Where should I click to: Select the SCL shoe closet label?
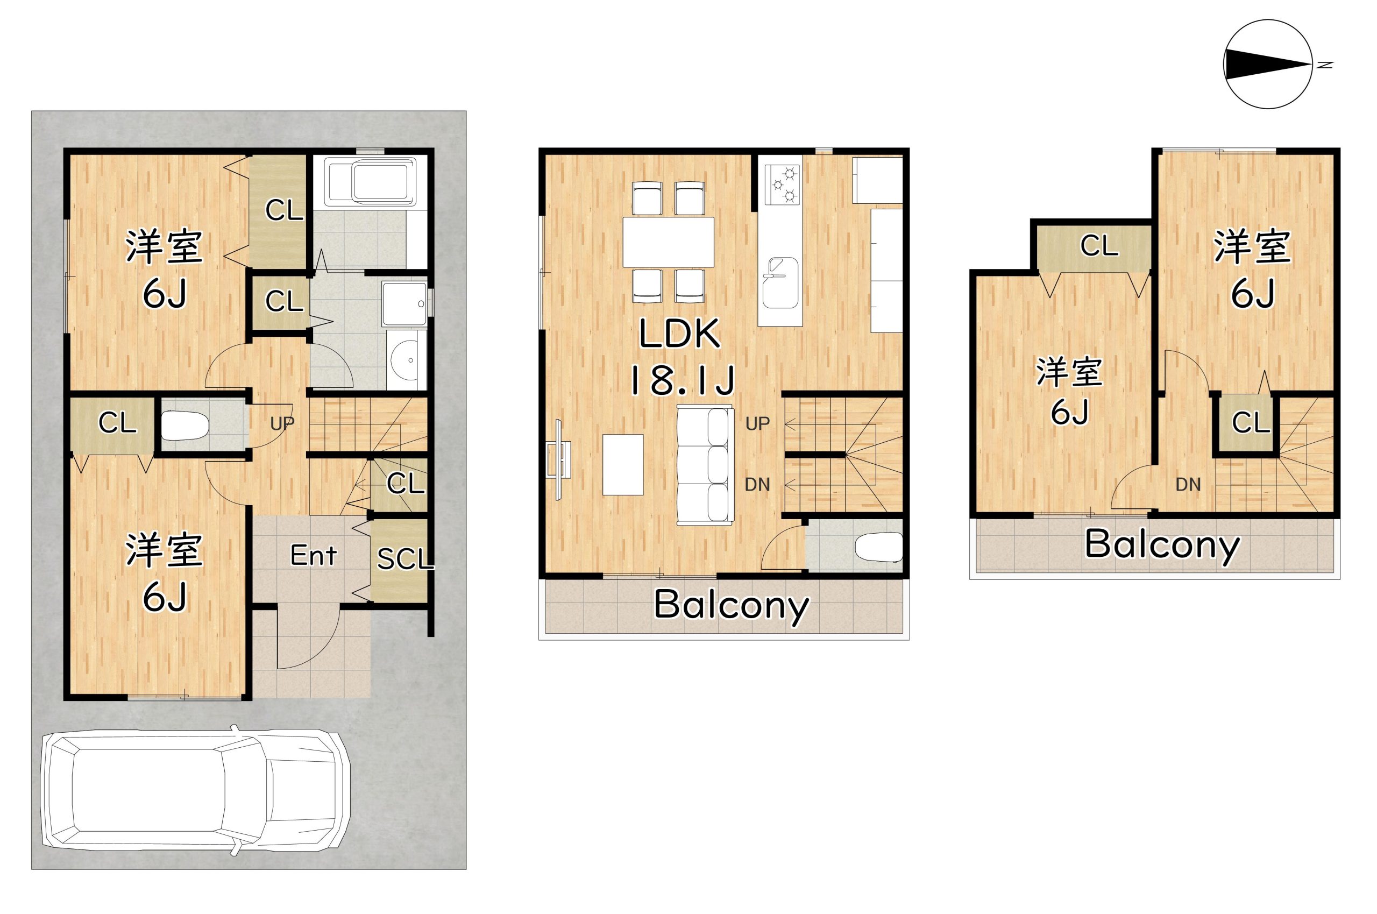[405, 559]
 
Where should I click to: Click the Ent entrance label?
[314, 556]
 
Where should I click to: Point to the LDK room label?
[679, 335]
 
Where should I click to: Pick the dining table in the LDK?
[669, 242]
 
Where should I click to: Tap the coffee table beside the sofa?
[623, 464]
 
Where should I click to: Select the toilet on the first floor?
[184, 426]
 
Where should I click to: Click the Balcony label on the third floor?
[1161, 545]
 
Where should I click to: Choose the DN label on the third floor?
[1188, 484]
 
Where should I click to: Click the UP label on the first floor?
[282, 423]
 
